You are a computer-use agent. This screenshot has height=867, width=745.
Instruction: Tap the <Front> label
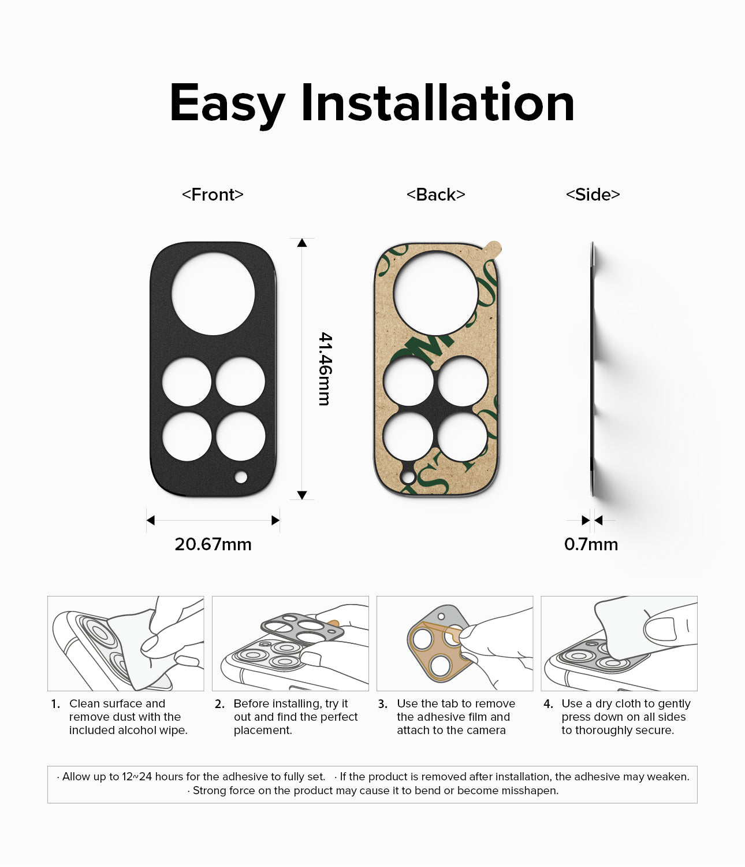(x=213, y=195)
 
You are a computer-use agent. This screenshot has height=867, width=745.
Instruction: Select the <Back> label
(x=436, y=195)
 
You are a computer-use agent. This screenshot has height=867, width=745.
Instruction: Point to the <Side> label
(x=593, y=195)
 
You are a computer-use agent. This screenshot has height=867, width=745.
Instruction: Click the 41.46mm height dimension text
(x=325, y=369)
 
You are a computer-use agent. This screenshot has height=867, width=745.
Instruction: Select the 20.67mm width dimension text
(x=213, y=544)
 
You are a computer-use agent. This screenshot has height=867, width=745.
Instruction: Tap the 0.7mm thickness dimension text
(x=591, y=544)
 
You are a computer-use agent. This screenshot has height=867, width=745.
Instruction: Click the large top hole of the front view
(x=213, y=294)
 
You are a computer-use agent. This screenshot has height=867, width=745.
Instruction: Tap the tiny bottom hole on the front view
(x=241, y=477)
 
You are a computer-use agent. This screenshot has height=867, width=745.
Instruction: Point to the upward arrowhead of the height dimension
(x=302, y=243)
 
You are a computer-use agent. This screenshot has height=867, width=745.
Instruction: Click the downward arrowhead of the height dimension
(x=302, y=495)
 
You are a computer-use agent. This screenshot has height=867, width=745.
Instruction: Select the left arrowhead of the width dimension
(x=151, y=521)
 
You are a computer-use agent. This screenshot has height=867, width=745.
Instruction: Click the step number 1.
(x=55, y=704)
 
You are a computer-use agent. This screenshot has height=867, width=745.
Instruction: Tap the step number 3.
(x=382, y=704)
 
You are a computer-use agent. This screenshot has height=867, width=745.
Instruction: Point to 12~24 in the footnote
(x=137, y=776)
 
